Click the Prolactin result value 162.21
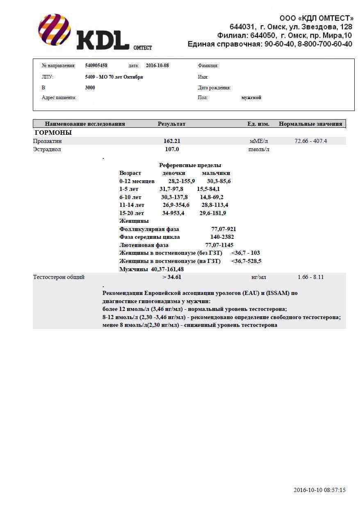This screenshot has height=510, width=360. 172,141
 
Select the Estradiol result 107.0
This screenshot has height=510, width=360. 172,149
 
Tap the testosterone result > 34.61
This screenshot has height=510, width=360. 172,277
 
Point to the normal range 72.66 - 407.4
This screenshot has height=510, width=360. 311,141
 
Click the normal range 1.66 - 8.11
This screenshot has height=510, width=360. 311,277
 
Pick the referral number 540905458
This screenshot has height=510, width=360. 96,66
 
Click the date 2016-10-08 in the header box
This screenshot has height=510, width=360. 157,66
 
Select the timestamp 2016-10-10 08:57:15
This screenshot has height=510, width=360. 319,490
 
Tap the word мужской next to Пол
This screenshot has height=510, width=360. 251,97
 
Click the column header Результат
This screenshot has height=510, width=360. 171,124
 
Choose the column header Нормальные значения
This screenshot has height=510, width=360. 310,124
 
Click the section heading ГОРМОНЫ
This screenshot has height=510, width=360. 53,133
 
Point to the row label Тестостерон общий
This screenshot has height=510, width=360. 59,277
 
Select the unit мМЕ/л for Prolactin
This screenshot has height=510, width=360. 259,141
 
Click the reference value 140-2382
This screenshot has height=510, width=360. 222,237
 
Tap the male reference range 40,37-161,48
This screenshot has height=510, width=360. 167,269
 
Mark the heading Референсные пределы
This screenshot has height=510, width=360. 190,165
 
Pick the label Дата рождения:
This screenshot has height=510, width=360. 214,88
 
